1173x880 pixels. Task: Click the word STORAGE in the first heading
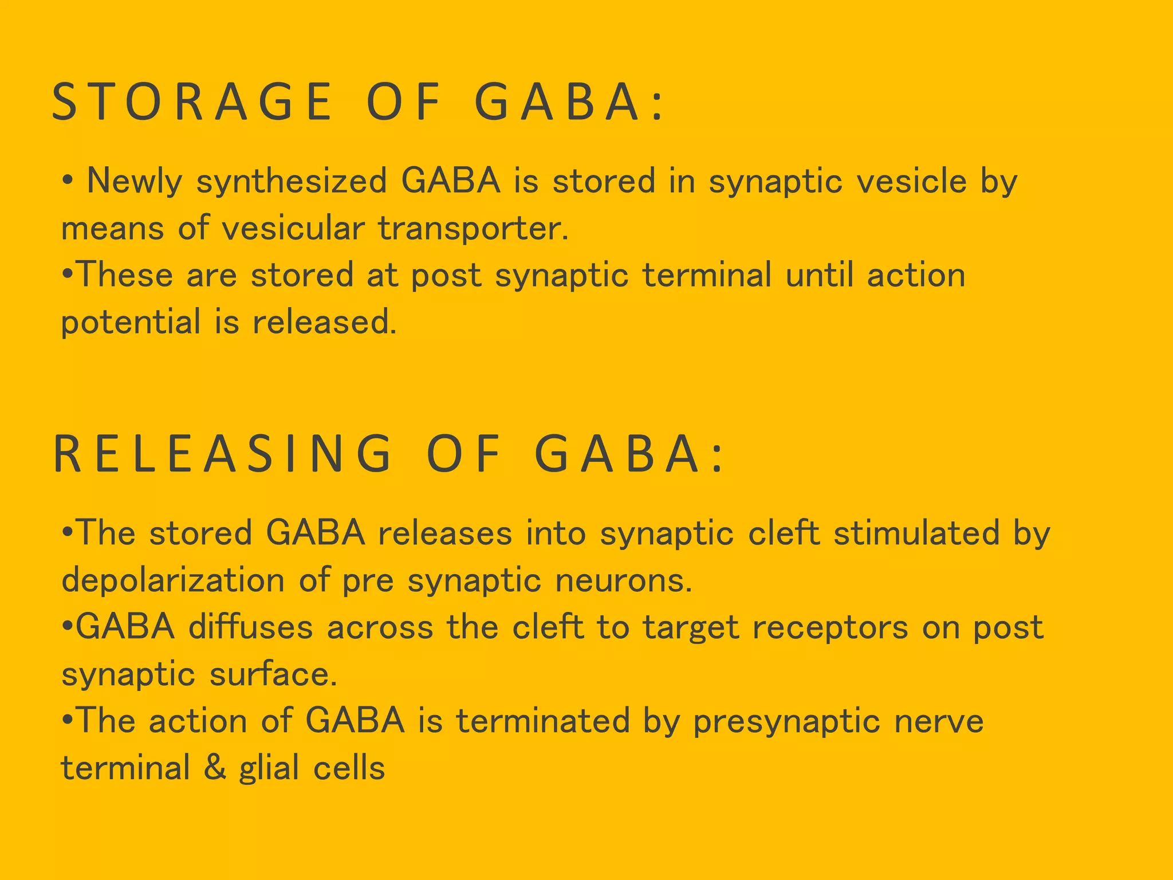pyautogui.click(x=192, y=102)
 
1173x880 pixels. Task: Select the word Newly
pyautogui.click(x=135, y=181)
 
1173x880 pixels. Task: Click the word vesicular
pyautogui.click(x=293, y=228)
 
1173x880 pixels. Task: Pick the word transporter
pyautogui.click(x=473, y=228)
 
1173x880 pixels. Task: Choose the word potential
pyautogui.click(x=131, y=322)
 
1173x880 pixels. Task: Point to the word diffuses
pyautogui.click(x=251, y=627)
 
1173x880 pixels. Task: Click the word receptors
pyautogui.click(x=830, y=627)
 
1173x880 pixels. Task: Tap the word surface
pyautogui.click(x=273, y=674)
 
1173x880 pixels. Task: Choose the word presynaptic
pyautogui.click(x=786, y=721)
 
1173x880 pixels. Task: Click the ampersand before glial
pyautogui.click(x=215, y=768)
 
